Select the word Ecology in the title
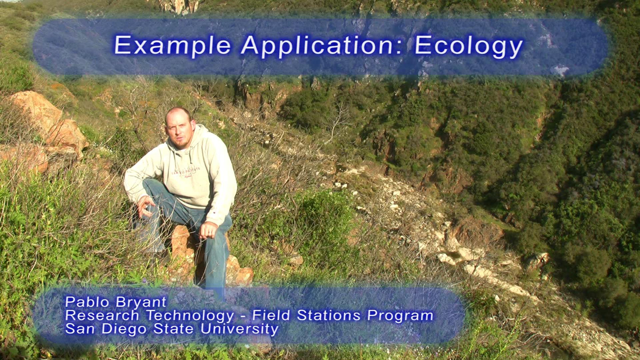click(x=468, y=46)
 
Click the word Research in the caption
click(x=102, y=315)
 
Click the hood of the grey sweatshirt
click(x=197, y=137)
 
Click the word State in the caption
click(x=173, y=329)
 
